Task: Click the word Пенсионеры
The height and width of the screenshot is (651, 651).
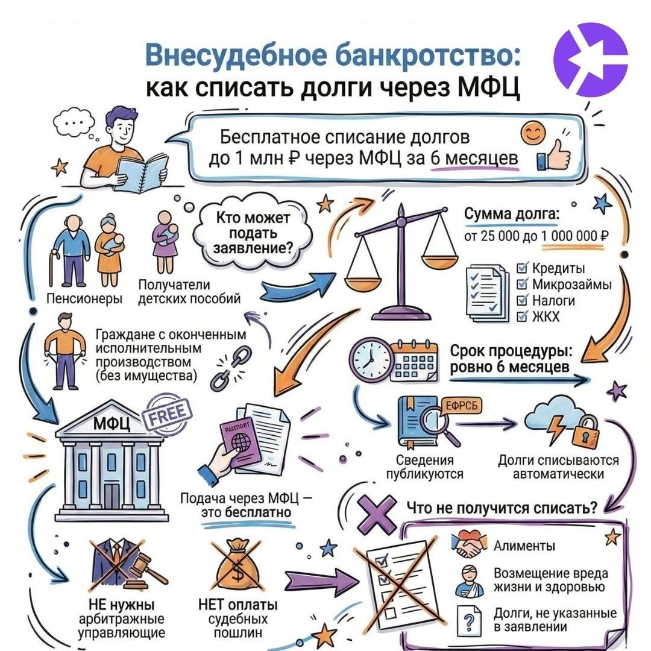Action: (x=84, y=298)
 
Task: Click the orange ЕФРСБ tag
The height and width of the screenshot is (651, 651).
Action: (x=459, y=406)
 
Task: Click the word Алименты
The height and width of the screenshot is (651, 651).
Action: (x=524, y=547)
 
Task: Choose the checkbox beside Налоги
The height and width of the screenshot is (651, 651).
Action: (x=522, y=300)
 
